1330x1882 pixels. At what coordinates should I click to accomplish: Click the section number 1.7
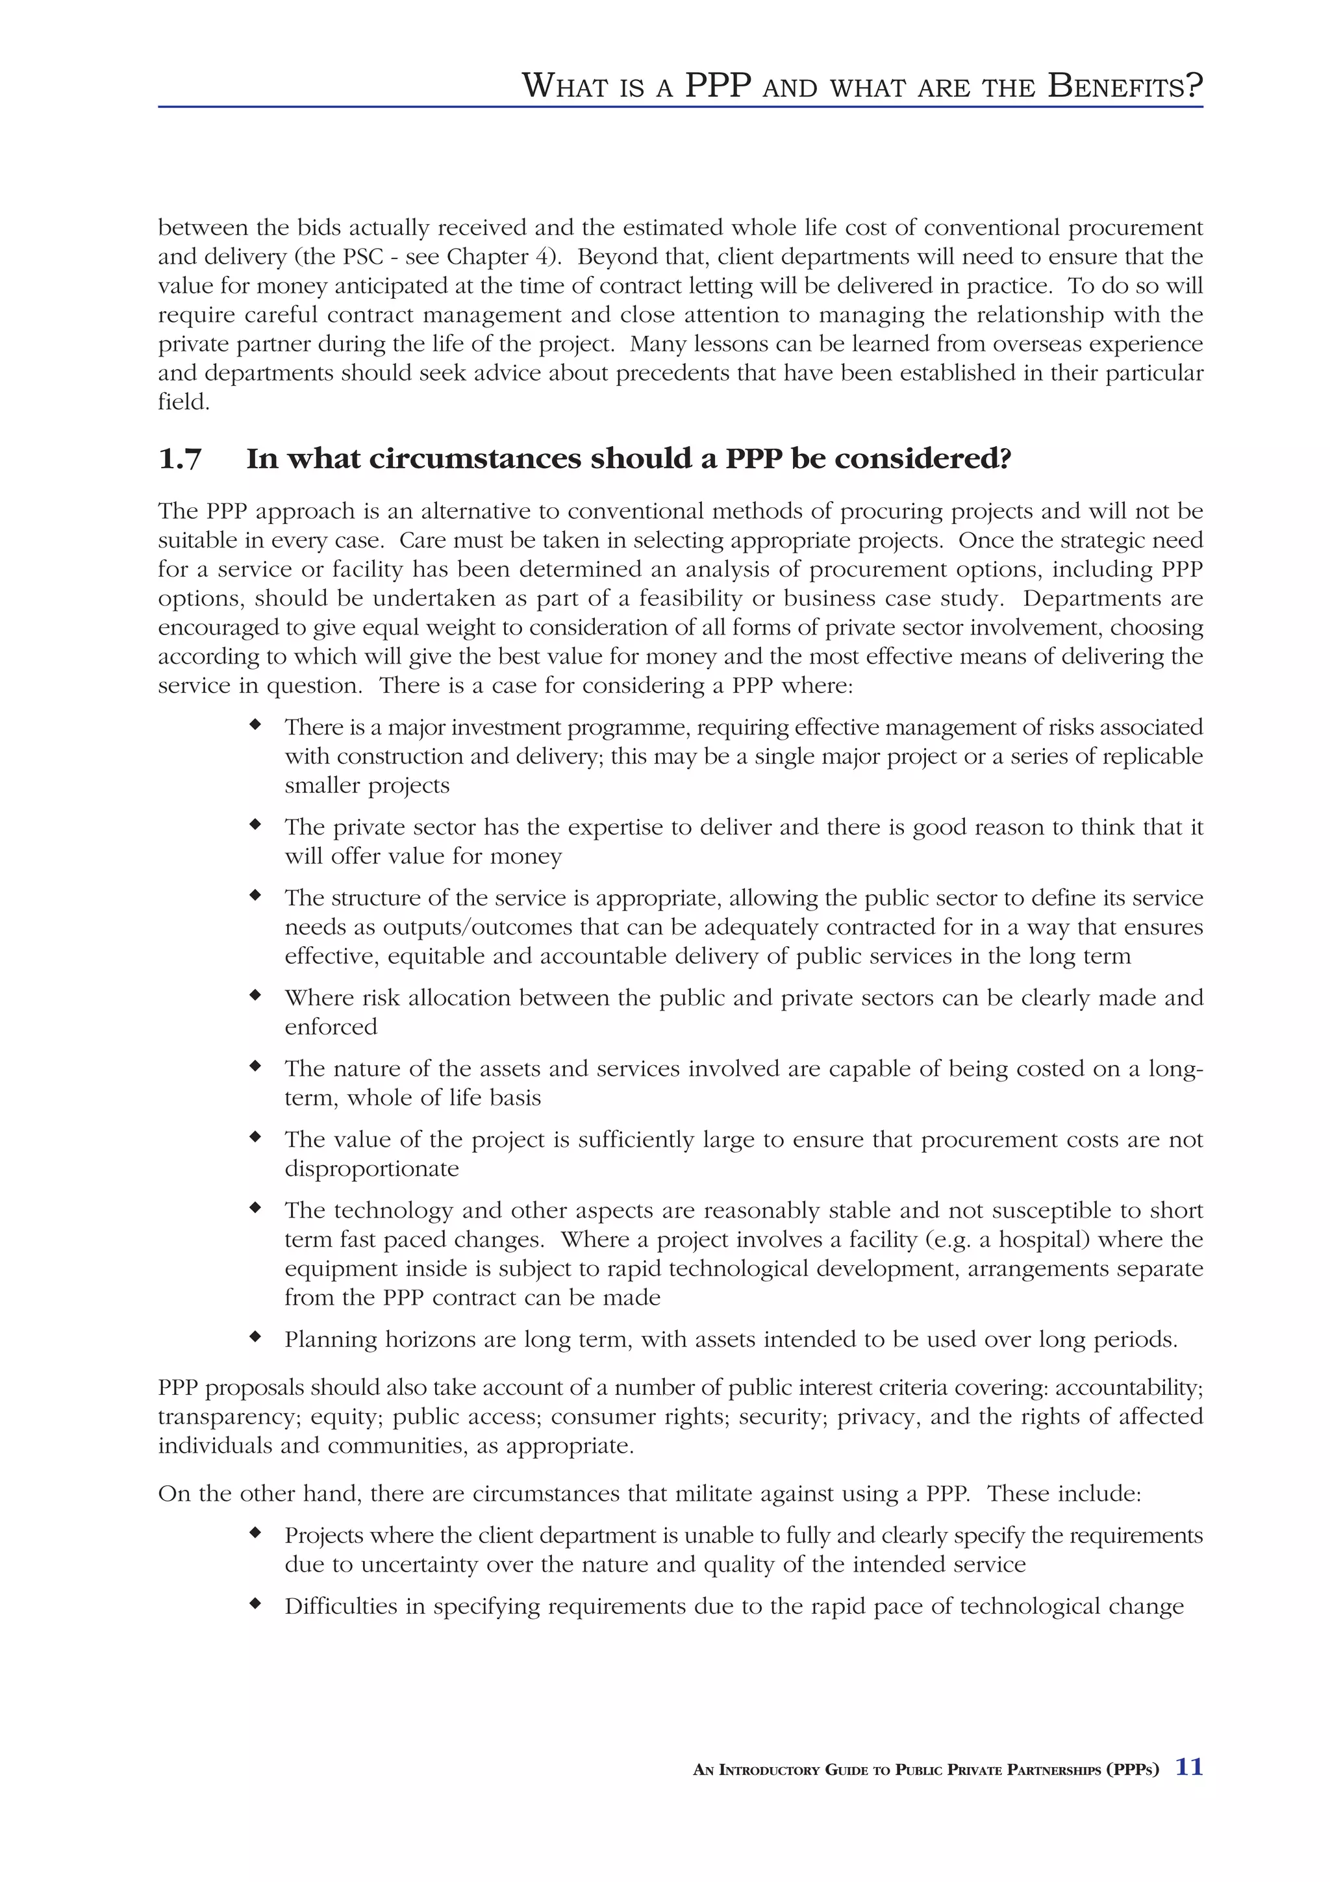(179, 459)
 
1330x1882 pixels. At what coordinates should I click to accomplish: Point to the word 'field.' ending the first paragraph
(184, 403)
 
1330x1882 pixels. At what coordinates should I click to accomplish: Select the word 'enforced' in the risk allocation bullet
(331, 1027)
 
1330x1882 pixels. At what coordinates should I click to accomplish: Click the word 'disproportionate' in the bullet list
(371, 1169)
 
